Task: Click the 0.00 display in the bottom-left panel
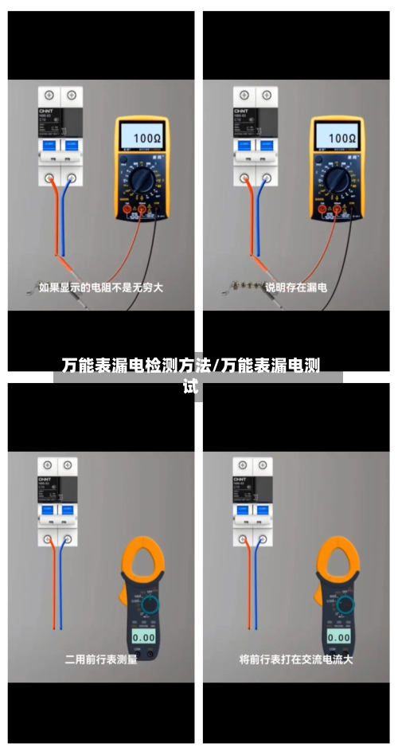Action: pyautogui.click(x=143, y=637)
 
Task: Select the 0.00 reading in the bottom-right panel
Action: pyautogui.click(x=339, y=637)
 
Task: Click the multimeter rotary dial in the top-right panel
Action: pyautogui.click(x=337, y=182)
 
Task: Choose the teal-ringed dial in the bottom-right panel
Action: pyautogui.click(x=345, y=605)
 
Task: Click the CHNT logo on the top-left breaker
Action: pyautogui.click(x=45, y=111)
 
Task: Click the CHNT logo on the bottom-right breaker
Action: pyautogui.click(x=240, y=479)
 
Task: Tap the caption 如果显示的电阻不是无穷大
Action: pyautogui.click(x=101, y=287)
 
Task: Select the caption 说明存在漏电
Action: pyautogui.click(x=295, y=287)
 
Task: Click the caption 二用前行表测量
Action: pyautogui.click(x=101, y=659)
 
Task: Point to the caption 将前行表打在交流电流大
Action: pyautogui.click(x=295, y=659)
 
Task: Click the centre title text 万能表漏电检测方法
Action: pyautogui.click(x=136, y=366)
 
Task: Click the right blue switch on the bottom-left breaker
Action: pyautogui.click(x=69, y=509)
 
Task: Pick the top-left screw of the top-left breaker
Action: pyautogui.click(x=49, y=95)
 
